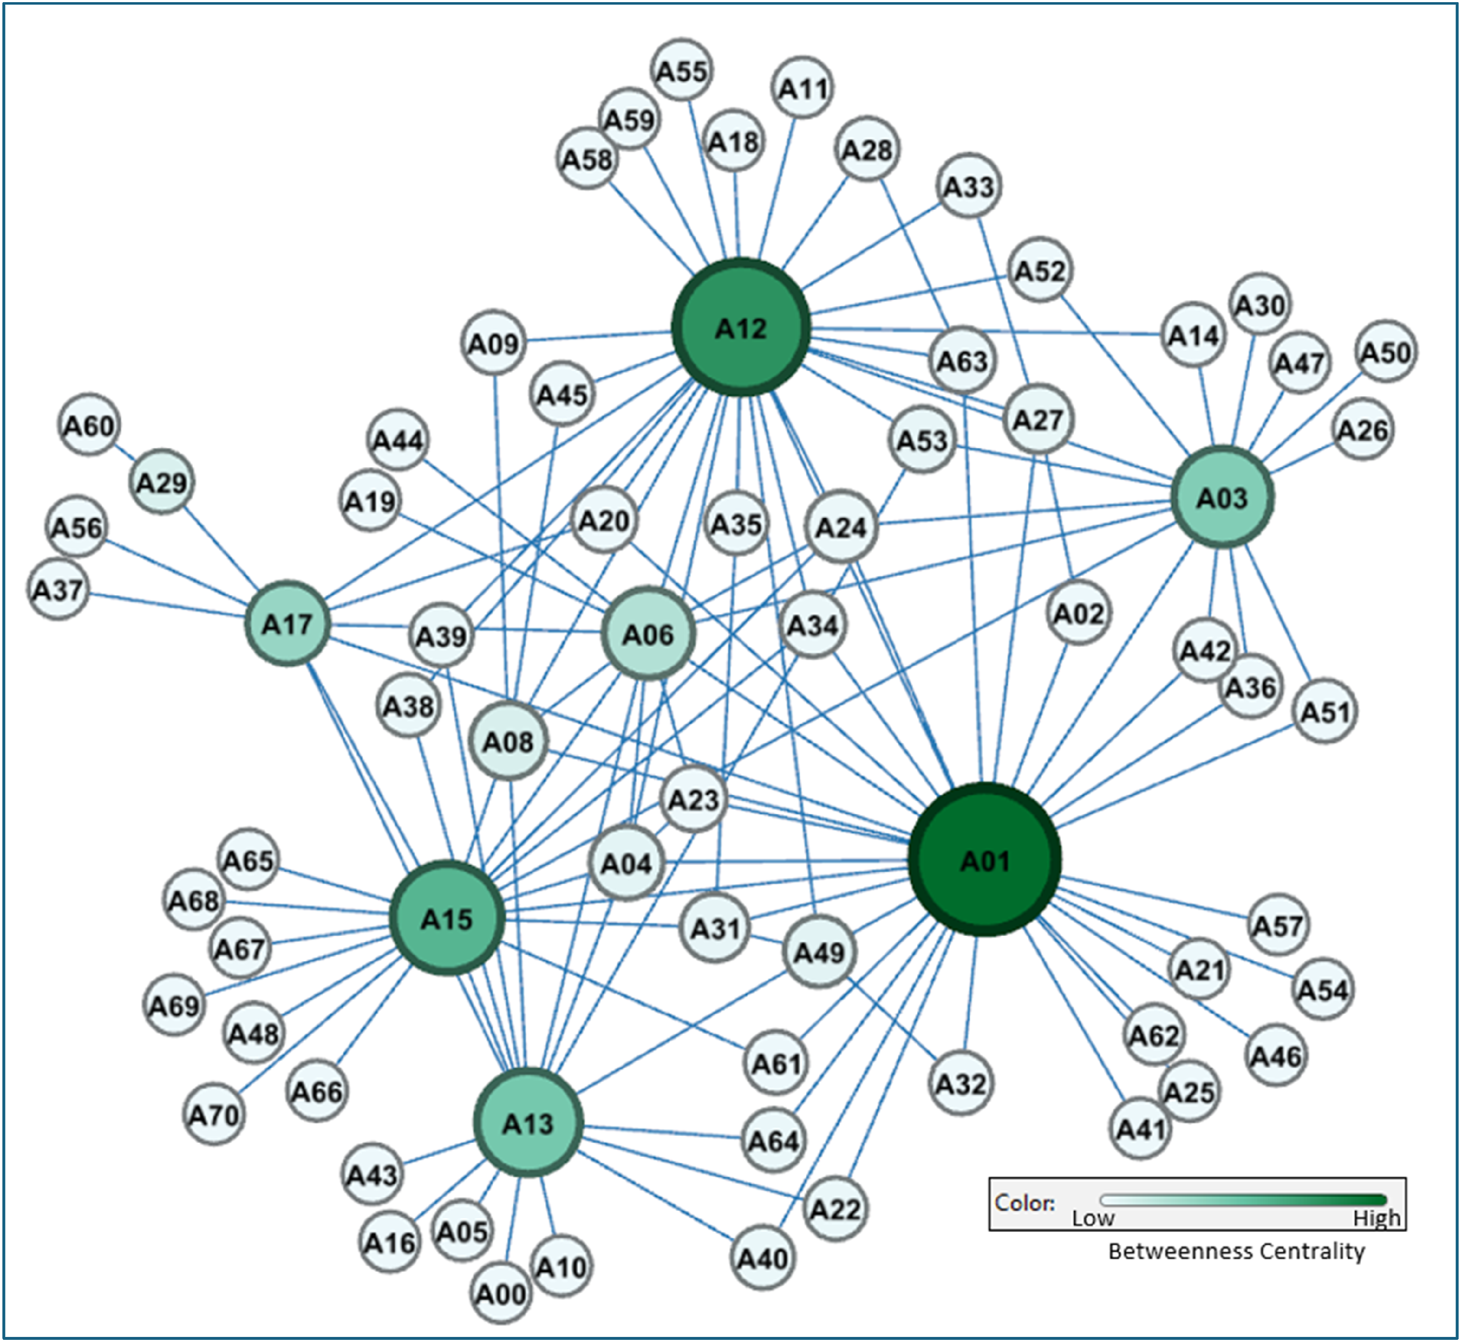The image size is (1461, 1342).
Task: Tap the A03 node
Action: pyautogui.click(x=1222, y=497)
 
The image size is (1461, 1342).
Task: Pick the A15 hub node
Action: pyautogui.click(x=447, y=918)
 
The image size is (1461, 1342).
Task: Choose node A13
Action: pyautogui.click(x=528, y=1123)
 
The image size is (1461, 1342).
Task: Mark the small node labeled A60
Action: pyautogui.click(x=89, y=425)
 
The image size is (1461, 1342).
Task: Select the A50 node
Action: pyautogui.click(x=1385, y=352)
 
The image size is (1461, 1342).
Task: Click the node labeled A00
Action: pyautogui.click(x=500, y=1293)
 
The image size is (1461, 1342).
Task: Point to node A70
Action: pyautogui.click(x=214, y=1114)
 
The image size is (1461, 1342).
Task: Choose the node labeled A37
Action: pyautogui.click(x=58, y=589)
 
